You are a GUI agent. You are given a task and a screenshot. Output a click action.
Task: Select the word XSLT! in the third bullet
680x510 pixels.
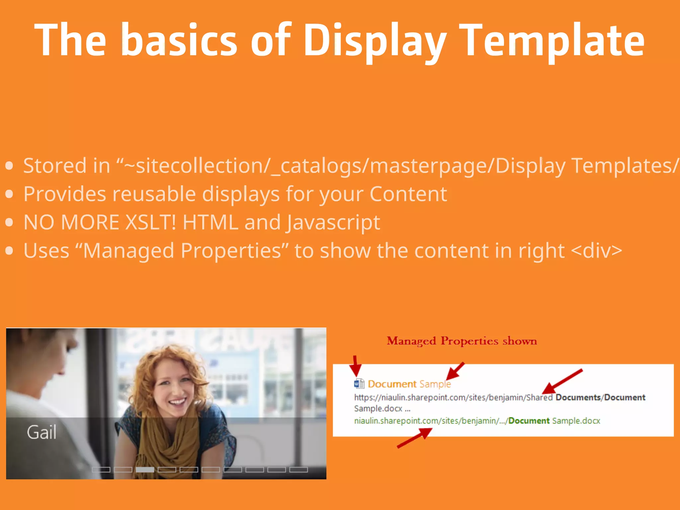(151, 222)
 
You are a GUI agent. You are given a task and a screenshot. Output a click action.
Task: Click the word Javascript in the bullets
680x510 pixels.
(333, 223)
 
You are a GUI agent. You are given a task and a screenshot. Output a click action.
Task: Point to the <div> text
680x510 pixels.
(596, 251)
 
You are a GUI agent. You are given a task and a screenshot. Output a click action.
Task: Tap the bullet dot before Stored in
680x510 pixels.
(9, 166)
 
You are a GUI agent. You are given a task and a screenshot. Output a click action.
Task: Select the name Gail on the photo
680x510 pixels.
(42, 432)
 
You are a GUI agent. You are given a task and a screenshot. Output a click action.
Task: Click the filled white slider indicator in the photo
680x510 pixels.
(145, 469)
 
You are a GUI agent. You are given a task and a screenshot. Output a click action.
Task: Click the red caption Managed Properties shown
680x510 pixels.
(462, 341)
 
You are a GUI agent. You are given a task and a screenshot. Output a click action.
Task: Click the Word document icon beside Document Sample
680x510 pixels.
(359, 384)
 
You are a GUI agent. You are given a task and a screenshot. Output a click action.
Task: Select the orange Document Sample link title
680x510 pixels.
(409, 384)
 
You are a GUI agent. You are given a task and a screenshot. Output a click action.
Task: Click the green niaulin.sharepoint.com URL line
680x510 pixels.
(477, 421)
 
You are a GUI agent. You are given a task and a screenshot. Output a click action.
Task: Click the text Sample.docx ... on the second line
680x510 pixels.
(382, 409)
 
